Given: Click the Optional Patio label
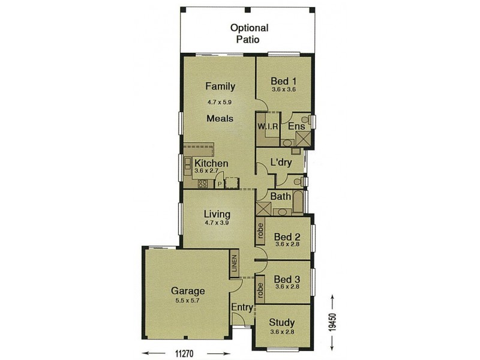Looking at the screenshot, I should point(249,33).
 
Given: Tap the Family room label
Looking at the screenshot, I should point(220,86).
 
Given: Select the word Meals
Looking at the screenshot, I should point(220,118).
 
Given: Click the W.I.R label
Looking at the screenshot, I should point(267,127).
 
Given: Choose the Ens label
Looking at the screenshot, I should point(296,127).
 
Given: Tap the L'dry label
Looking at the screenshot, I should point(281,162).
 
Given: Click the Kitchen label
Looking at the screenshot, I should point(211,163).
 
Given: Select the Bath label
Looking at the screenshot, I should point(281,196).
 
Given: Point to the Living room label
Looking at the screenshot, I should point(217,214).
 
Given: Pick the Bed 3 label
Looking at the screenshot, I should point(287,279).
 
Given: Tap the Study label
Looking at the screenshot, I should point(282,322).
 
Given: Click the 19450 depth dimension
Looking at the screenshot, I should point(335,323).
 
